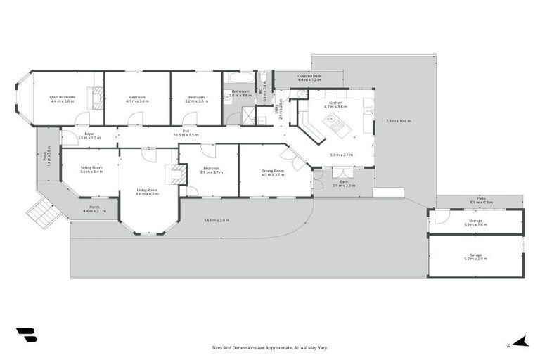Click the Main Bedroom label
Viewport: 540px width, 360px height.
[63, 97]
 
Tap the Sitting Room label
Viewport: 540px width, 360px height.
[91, 167]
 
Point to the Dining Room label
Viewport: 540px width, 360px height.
[273, 171]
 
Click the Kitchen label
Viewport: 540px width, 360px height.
[335, 103]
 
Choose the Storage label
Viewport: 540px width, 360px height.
[475, 221]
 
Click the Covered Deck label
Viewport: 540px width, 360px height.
[309, 76]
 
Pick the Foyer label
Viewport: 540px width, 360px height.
[89, 134]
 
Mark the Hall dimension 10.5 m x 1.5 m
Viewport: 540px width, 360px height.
[186, 135]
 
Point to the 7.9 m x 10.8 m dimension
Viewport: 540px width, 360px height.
[398, 121]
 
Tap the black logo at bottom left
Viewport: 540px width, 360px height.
[27, 335]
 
